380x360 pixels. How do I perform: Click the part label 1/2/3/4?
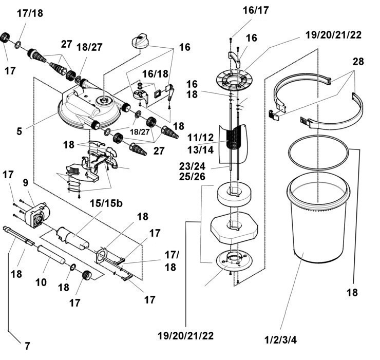click(x=280, y=339)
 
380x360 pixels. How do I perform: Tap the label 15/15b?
click(x=106, y=203)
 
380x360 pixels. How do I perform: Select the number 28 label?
click(x=358, y=62)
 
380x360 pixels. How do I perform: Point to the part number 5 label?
click(x=20, y=131)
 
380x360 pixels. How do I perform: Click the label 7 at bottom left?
click(x=28, y=346)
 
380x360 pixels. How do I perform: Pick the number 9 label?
click(x=26, y=183)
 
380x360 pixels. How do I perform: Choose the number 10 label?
click(x=41, y=282)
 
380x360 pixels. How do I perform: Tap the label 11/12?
click(x=200, y=138)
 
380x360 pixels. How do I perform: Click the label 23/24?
click(x=192, y=166)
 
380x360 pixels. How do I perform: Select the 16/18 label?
click(x=155, y=74)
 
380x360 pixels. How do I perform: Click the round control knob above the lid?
click(x=140, y=42)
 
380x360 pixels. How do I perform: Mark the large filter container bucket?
click(x=318, y=218)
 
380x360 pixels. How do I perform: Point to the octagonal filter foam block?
click(x=234, y=228)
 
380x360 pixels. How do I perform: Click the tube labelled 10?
click(x=51, y=254)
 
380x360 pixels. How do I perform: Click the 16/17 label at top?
click(x=256, y=10)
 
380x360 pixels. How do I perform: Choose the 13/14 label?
click(x=200, y=150)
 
